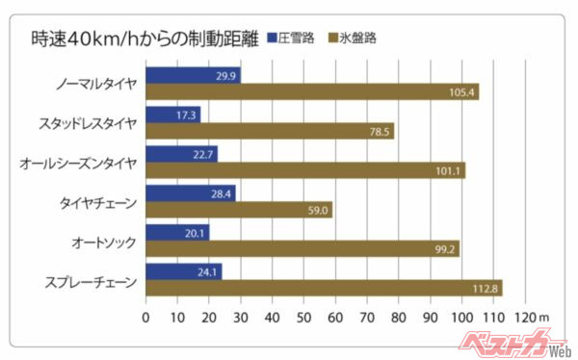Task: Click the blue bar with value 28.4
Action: (190, 193)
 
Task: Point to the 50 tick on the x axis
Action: (303, 315)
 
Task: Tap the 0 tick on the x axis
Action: (145, 315)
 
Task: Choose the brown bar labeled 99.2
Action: (302, 249)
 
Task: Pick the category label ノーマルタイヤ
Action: (99, 84)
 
